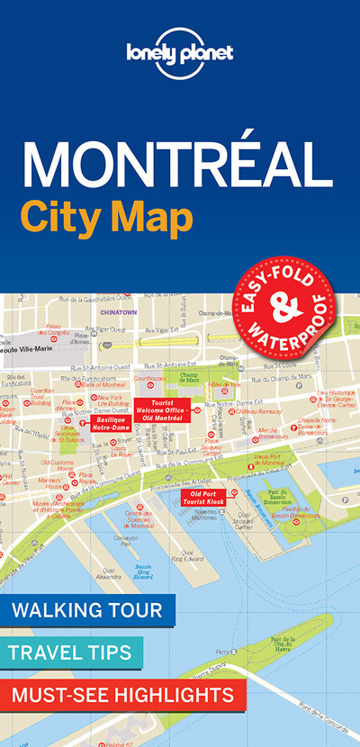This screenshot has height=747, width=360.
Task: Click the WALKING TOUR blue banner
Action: coord(87,611)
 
